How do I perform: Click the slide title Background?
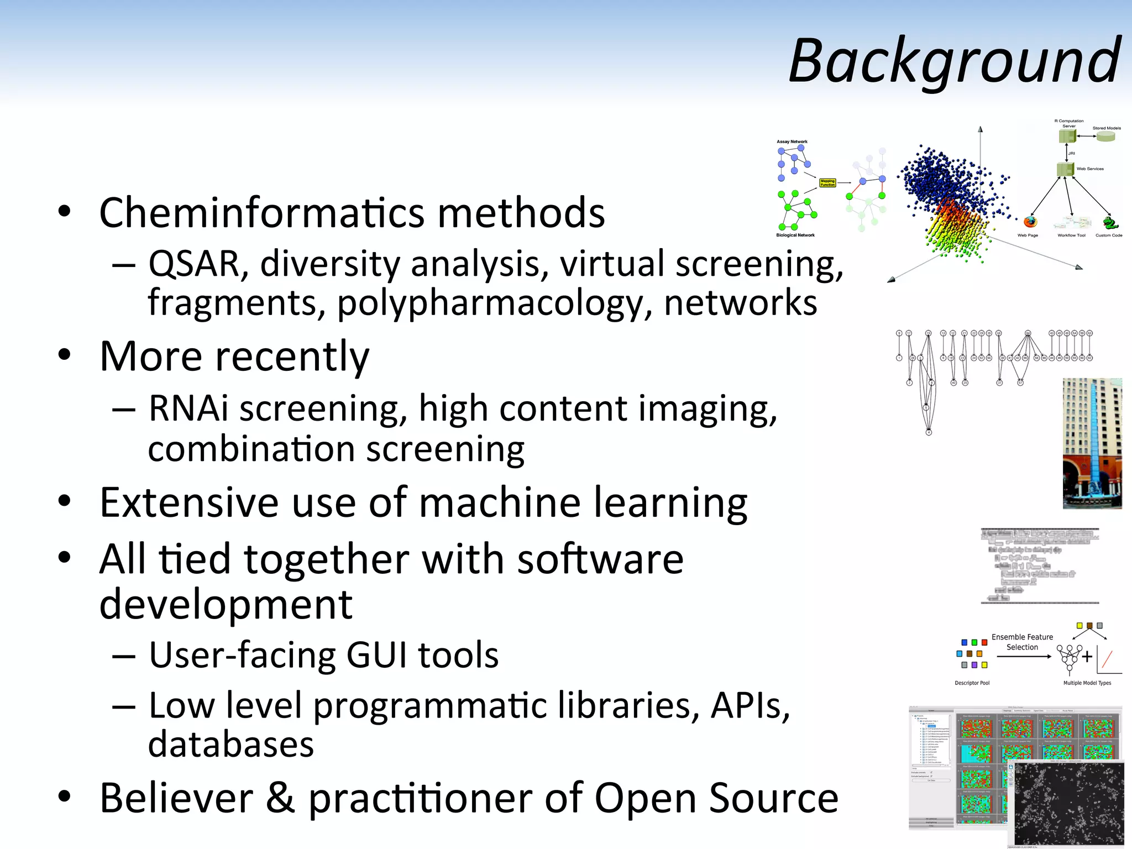click(955, 61)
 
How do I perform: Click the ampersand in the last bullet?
click(280, 798)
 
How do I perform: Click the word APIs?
click(750, 706)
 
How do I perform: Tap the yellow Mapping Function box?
click(827, 182)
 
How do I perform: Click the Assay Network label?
click(792, 141)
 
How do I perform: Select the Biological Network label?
click(795, 235)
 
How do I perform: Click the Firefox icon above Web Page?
click(1030, 222)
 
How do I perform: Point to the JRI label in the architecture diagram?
click(1071, 153)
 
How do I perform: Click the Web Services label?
click(1090, 169)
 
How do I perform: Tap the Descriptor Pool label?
click(972, 683)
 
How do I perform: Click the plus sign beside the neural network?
click(1087, 657)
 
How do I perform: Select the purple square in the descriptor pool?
click(974, 665)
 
